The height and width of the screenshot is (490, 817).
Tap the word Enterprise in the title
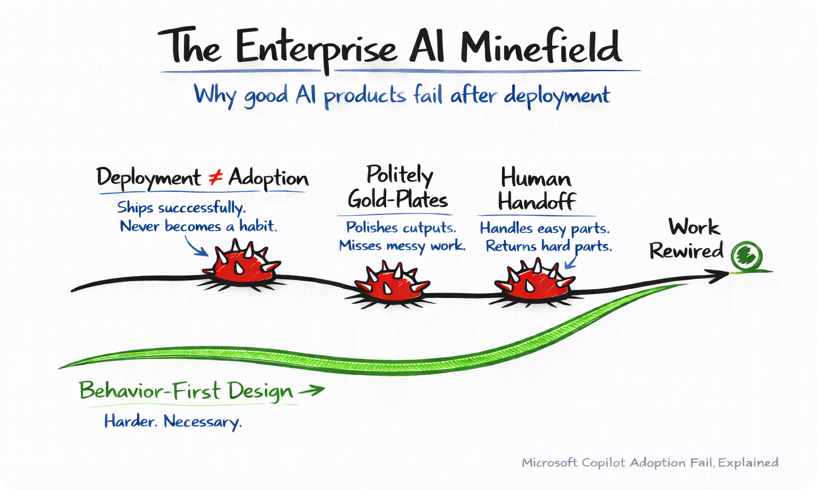tap(316, 48)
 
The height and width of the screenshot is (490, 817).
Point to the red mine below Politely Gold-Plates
tap(391, 284)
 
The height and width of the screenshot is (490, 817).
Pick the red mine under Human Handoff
tap(533, 281)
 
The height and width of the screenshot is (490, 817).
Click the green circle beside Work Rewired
tap(746, 256)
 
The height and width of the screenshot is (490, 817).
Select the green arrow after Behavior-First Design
tap(311, 391)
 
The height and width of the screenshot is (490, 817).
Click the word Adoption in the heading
tap(268, 179)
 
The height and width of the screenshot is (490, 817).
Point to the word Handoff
tap(537, 202)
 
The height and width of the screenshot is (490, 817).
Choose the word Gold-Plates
tap(397, 200)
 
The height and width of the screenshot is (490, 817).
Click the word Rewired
tap(686, 251)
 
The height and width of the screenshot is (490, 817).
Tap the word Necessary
tap(203, 422)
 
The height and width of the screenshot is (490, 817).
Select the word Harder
tap(130, 421)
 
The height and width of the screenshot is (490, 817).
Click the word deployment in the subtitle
tap(556, 96)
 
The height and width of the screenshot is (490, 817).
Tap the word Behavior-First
tap(149, 391)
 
